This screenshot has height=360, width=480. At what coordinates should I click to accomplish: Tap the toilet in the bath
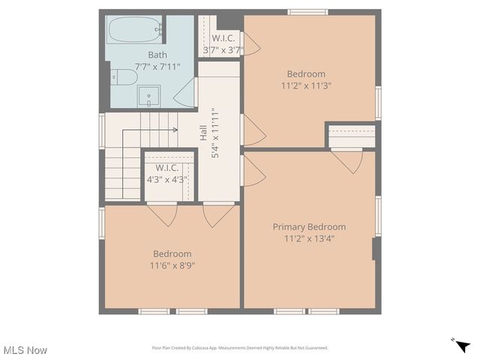[x=124, y=76]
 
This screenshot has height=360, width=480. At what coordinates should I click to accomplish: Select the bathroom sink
[x=148, y=97]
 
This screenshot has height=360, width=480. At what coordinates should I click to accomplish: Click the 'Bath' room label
[x=157, y=55]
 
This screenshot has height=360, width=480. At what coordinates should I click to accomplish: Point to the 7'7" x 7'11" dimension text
[x=157, y=67]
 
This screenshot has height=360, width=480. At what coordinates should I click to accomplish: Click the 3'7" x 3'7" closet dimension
[x=222, y=50]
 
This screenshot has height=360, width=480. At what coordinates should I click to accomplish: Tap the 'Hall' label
[x=203, y=133]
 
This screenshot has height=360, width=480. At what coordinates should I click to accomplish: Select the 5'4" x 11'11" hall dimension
[x=215, y=133]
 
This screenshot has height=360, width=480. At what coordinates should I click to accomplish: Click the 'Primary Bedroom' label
[x=309, y=226]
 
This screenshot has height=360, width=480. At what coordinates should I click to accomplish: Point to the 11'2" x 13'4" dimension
[x=309, y=238]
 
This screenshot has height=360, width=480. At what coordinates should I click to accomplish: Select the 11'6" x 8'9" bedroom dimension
[x=172, y=265]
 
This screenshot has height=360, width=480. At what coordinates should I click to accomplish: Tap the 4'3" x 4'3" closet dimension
[x=166, y=179]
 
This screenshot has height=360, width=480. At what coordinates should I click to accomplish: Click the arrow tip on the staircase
[x=175, y=130]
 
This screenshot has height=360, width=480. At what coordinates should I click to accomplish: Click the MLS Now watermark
[x=25, y=350]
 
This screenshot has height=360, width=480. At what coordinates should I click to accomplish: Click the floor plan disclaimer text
[x=240, y=348]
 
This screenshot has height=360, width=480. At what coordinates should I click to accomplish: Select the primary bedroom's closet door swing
[x=347, y=160]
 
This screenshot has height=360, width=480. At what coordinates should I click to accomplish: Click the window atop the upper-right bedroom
[x=307, y=12]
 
